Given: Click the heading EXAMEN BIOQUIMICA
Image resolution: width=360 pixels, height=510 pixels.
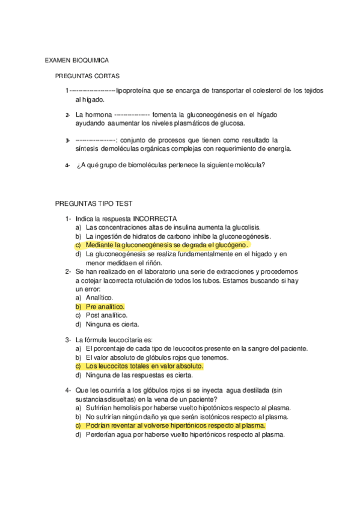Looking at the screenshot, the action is coord(76,61).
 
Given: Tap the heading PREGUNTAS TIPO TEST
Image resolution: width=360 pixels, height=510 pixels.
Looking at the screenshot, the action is coord(93,204).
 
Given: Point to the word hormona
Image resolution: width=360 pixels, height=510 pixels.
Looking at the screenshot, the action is coord(99,114).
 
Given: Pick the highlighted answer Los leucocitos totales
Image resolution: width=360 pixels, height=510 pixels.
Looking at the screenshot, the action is coord(144,366).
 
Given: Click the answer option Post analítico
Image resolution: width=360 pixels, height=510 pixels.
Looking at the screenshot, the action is coord(106,315).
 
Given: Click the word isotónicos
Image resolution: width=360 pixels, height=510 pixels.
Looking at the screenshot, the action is coord(211,416).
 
